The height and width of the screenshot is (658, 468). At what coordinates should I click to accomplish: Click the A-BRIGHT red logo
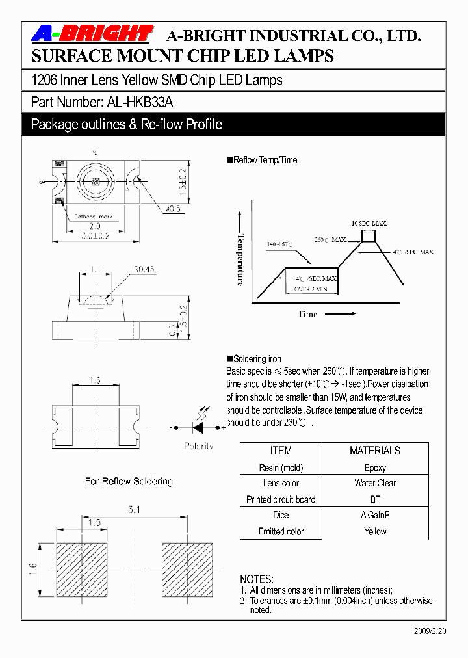92,34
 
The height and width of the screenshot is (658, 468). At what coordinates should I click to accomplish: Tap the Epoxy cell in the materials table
375,467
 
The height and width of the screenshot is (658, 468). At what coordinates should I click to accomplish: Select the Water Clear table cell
375,483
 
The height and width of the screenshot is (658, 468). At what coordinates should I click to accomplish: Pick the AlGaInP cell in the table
375,515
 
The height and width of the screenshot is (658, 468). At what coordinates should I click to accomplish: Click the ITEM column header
281,451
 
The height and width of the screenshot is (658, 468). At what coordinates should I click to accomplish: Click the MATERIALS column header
375,451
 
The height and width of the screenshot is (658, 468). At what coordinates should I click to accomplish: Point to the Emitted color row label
281,531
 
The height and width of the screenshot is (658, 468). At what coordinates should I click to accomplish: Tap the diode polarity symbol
198,427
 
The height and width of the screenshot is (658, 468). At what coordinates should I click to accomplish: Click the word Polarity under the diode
198,447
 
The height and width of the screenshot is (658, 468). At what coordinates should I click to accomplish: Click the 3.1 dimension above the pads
135,510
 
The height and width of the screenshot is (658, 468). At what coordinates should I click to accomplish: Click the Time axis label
307,315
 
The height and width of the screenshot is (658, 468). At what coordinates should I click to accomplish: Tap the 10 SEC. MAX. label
369,223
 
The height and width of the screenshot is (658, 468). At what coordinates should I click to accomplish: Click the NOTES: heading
257,579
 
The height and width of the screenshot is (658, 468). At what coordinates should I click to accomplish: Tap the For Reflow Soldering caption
129,481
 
